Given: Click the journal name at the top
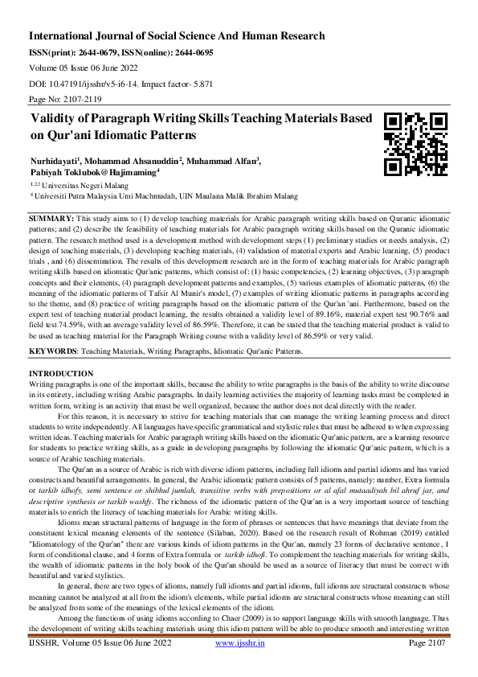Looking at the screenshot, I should pos(177,36).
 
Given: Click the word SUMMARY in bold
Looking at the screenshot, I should pos(51,219).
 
